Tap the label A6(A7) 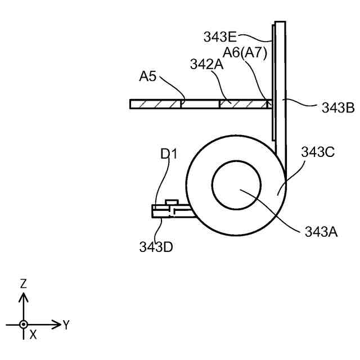pos(245,52)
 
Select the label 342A pos(207,65)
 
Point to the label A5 pos(148,76)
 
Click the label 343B pos(337,108)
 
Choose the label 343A pos(321,231)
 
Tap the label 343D pos(156,246)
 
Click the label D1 pos(168,153)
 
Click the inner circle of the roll pos(236,183)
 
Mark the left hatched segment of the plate pos(155,104)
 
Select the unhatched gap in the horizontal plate pos(200,104)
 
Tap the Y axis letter pos(66,325)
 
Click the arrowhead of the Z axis pos(23,295)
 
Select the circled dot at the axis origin pos(23,325)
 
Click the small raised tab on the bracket pos(172,201)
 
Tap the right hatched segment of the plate pos(242,104)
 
